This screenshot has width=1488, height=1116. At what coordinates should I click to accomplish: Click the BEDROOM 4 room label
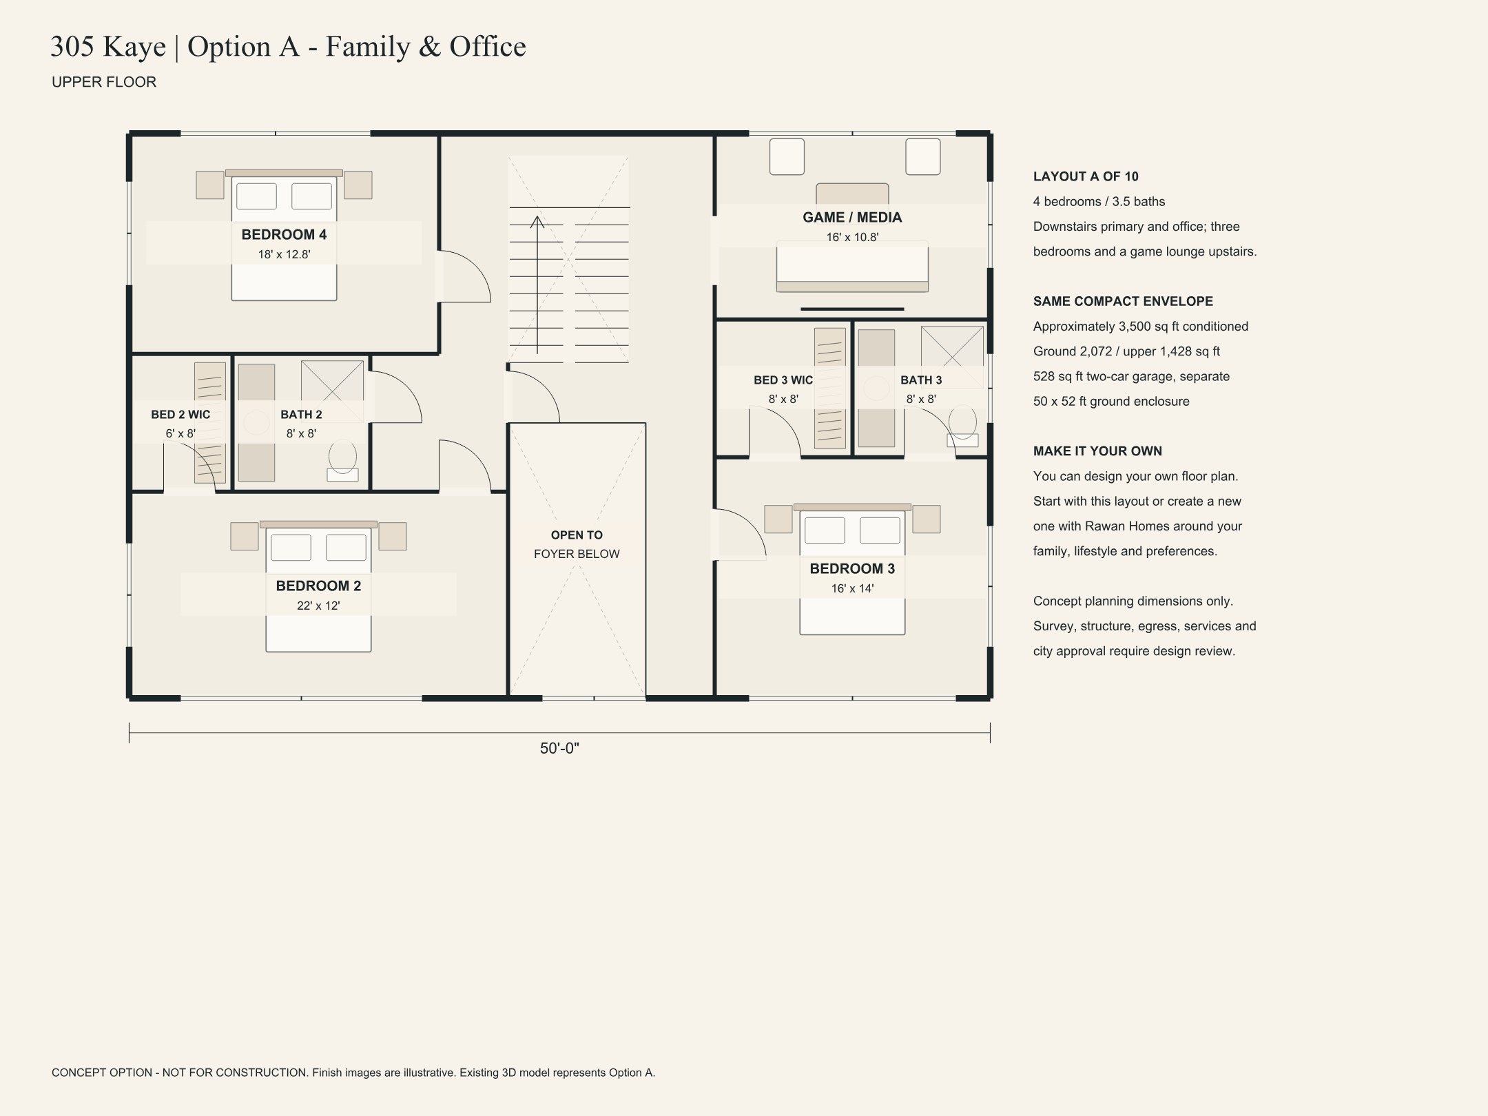coord(284,234)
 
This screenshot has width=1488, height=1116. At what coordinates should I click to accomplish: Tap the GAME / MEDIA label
coord(852,217)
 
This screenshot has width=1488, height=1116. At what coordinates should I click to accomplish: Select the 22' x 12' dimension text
coord(318,606)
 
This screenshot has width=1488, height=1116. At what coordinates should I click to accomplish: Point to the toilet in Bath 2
coord(342,462)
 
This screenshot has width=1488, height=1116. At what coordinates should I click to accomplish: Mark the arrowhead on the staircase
coord(537,222)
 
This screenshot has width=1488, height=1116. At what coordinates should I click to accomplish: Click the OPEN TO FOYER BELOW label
coord(577,544)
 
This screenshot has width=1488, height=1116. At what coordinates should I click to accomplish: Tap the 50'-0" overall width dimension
coord(559,748)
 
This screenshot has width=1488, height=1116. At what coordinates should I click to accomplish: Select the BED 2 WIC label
coord(180,414)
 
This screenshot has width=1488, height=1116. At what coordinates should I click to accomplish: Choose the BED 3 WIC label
coord(783,380)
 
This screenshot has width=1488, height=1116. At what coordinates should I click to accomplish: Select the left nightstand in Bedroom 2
coord(245,536)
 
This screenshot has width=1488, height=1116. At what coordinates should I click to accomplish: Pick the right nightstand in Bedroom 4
coord(358,185)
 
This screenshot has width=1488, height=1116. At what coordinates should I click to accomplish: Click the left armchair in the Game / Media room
coord(787,156)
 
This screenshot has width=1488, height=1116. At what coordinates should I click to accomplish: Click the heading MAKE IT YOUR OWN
coord(1097,451)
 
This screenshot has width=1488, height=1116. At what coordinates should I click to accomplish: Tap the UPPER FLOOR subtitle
coord(104,82)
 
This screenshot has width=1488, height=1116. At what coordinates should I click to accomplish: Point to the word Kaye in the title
coord(134,47)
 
